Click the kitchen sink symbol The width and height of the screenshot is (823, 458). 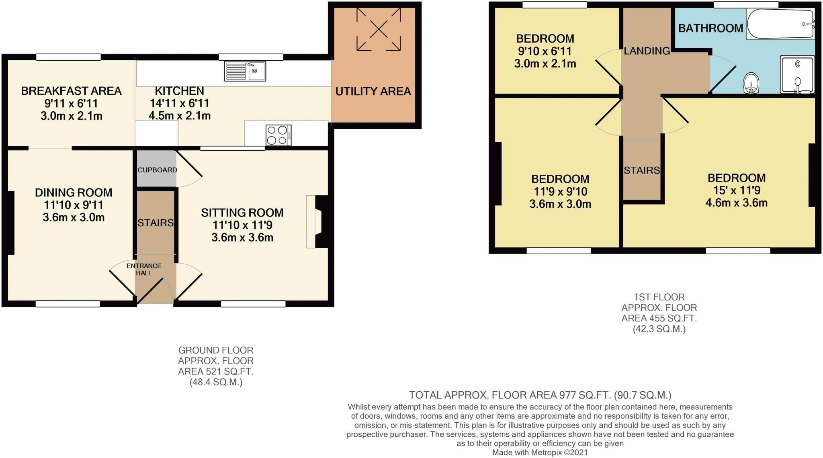(245, 71)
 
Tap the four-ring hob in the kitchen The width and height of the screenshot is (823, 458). (278, 135)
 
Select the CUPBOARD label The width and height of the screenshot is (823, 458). (157, 170)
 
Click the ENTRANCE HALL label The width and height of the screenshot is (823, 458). (143, 269)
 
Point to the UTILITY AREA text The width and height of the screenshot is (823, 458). (373, 92)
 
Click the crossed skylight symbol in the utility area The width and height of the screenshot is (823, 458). (378, 30)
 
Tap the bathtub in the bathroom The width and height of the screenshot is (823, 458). (780, 24)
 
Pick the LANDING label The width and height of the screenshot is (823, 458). (647, 51)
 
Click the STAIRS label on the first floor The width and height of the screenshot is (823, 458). (642, 170)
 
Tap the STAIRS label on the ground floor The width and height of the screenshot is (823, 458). (156, 223)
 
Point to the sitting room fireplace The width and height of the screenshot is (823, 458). (316, 221)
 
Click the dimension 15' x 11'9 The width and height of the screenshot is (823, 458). (737, 190)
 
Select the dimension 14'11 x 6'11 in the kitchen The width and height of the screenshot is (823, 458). (179, 103)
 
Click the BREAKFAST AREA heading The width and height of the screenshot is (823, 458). (71, 91)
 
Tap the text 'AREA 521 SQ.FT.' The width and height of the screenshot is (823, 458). (216, 372)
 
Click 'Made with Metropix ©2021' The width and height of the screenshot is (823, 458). (540, 452)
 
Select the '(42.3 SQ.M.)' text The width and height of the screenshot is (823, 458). (659, 329)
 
